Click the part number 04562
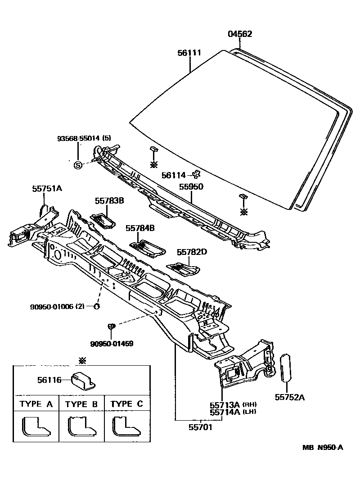pyautogui.click(x=239, y=34)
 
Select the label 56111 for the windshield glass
pyautogui.click(x=189, y=53)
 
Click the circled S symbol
pyautogui.click(x=77, y=165)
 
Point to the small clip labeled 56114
pyautogui.click(x=196, y=174)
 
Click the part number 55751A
pyautogui.click(x=46, y=189)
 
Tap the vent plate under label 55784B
pyautogui.click(x=148, y=248)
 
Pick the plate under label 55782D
pyautogui.click(x=184, y=269)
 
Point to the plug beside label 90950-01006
pyautogui.click(x=96, y=307)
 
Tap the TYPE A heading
pyautogui.click(x=36, y=404)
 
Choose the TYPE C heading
pyautogui.click(x=126, y=404)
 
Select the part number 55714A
pyautogui.click(x=225, y=412)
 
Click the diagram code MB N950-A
pyautogui.click(x=322, y=447)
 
